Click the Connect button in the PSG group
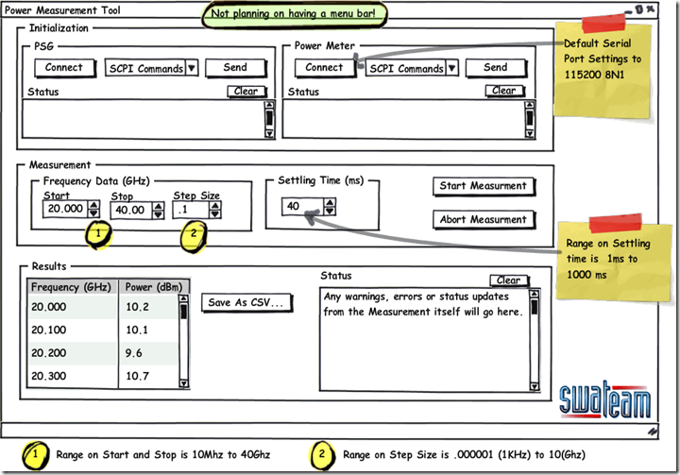(x=64, y=68)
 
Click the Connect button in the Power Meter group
(x=324, y=68)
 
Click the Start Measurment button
(x=483, y=186)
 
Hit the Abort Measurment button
(x=483, y=220)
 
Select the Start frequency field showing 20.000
(x=64, y=210)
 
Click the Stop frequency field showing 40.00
(x=128, y=210)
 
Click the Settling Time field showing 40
(x=300, y=207)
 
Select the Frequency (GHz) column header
(x=72, y=287)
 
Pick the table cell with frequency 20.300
(x=72, y=377)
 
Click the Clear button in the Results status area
(x=508, y=280)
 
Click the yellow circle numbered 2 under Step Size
(x=194, y=233)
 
